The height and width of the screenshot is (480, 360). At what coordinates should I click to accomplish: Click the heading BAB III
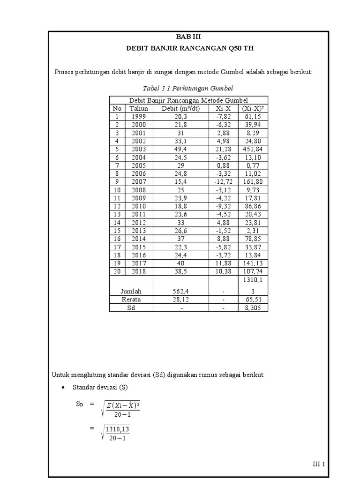[x=188, y=37]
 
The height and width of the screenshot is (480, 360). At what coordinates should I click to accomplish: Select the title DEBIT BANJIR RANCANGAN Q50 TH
[x=188, y=48]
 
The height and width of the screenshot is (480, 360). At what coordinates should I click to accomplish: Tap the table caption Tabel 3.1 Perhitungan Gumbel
[x=188, y=88]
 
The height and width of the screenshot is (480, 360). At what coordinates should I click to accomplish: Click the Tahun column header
[x=139, y=108]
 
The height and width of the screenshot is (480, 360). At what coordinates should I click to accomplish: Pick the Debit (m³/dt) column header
[x=180, y=108]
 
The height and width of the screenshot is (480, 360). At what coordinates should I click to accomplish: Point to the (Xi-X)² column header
[x=253, y=108]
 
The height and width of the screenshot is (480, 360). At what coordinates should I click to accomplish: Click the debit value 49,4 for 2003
[x=180, y=149]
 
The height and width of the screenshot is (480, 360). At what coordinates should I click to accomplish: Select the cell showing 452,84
[x=253, y=149]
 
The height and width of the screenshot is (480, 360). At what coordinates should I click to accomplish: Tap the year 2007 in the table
[x=139, y=181]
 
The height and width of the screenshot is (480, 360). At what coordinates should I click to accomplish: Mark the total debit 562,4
[x=180, y=291]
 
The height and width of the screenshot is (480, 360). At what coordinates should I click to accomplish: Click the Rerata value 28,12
[x=180, y=299]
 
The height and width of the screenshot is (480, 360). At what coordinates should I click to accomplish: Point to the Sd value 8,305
[x=253, y=307]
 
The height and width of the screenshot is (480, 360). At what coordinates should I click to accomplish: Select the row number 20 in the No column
[x=116, y=271]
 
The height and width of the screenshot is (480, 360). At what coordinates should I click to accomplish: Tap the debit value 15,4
[x=180, y=181]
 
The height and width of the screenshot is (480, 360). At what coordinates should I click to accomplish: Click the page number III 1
[x=319, y=464]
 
